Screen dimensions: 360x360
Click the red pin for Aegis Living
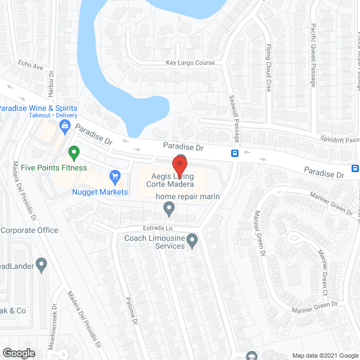pos(179,166)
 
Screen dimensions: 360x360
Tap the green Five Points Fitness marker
pos(73,152)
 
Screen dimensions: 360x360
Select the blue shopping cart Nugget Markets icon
pos(115,177)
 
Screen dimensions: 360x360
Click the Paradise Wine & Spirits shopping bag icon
pos(66,125)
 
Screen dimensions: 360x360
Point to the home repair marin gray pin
pos(169,209)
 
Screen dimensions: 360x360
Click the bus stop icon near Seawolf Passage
pos(235,153)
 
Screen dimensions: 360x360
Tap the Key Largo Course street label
pos(190,63)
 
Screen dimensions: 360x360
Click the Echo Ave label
pos(30,65)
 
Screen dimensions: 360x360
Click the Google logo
pos(19,353)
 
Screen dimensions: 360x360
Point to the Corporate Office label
pos(29,230)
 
